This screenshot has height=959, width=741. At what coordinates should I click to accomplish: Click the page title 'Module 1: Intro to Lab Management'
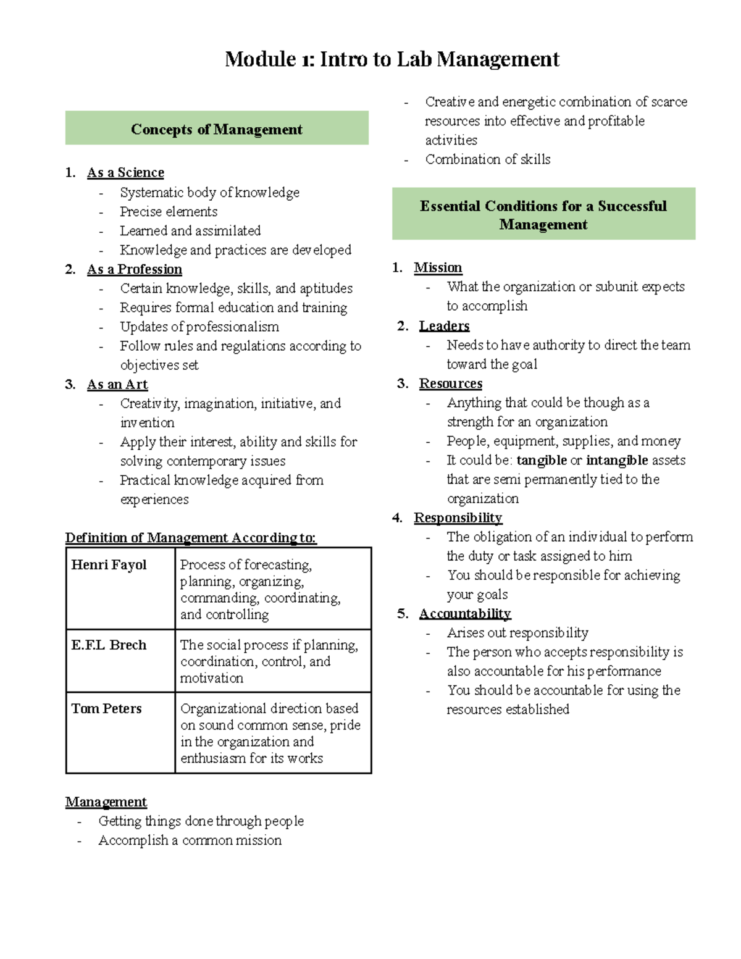(392, 59)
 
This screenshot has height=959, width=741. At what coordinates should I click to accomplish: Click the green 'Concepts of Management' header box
(217, 128)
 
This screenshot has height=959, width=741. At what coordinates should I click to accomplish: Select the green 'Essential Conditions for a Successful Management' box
(543, 214)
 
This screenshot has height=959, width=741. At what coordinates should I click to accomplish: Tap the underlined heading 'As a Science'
(125, 173)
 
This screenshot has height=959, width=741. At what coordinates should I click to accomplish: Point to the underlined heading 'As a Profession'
(135, 270)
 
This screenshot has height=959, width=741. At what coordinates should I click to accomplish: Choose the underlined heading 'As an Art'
(117, 385)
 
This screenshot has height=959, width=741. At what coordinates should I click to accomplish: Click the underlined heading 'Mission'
(438, 268)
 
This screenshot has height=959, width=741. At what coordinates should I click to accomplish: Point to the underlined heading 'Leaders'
(444, 326)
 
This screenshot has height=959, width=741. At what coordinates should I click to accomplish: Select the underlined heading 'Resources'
(451, 384)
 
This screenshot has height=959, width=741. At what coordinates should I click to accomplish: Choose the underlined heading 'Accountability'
(465, 614)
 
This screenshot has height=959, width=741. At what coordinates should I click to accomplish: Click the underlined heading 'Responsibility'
(458, 518)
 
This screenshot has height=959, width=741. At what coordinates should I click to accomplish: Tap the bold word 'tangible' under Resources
(542, 461)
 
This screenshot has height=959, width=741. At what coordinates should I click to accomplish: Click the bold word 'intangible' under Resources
(617, 461)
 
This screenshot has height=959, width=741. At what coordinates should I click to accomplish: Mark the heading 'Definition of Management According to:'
(191, 538)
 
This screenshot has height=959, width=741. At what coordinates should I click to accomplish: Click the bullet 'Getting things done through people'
(201, 821)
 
